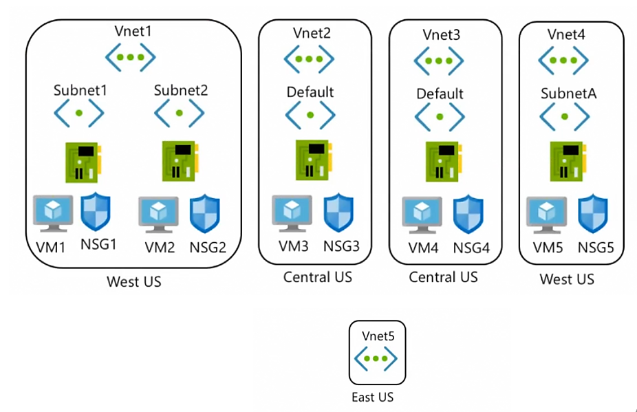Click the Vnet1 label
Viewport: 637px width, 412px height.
pos(134,31)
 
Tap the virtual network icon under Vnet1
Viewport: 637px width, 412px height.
pos(134,58)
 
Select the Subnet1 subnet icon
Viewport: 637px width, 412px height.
pos(79,112)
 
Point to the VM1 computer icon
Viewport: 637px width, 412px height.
pos(53,213)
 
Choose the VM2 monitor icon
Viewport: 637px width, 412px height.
pos(158,215)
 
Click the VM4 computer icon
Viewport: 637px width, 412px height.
pos(421,215)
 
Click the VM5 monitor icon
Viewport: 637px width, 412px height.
pos(546,215)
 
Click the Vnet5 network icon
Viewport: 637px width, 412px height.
pos(376,358)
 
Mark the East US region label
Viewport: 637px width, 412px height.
pos(372,397)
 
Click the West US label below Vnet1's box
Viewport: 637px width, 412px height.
pos(134,281)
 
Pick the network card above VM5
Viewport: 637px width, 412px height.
pos(565,161)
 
